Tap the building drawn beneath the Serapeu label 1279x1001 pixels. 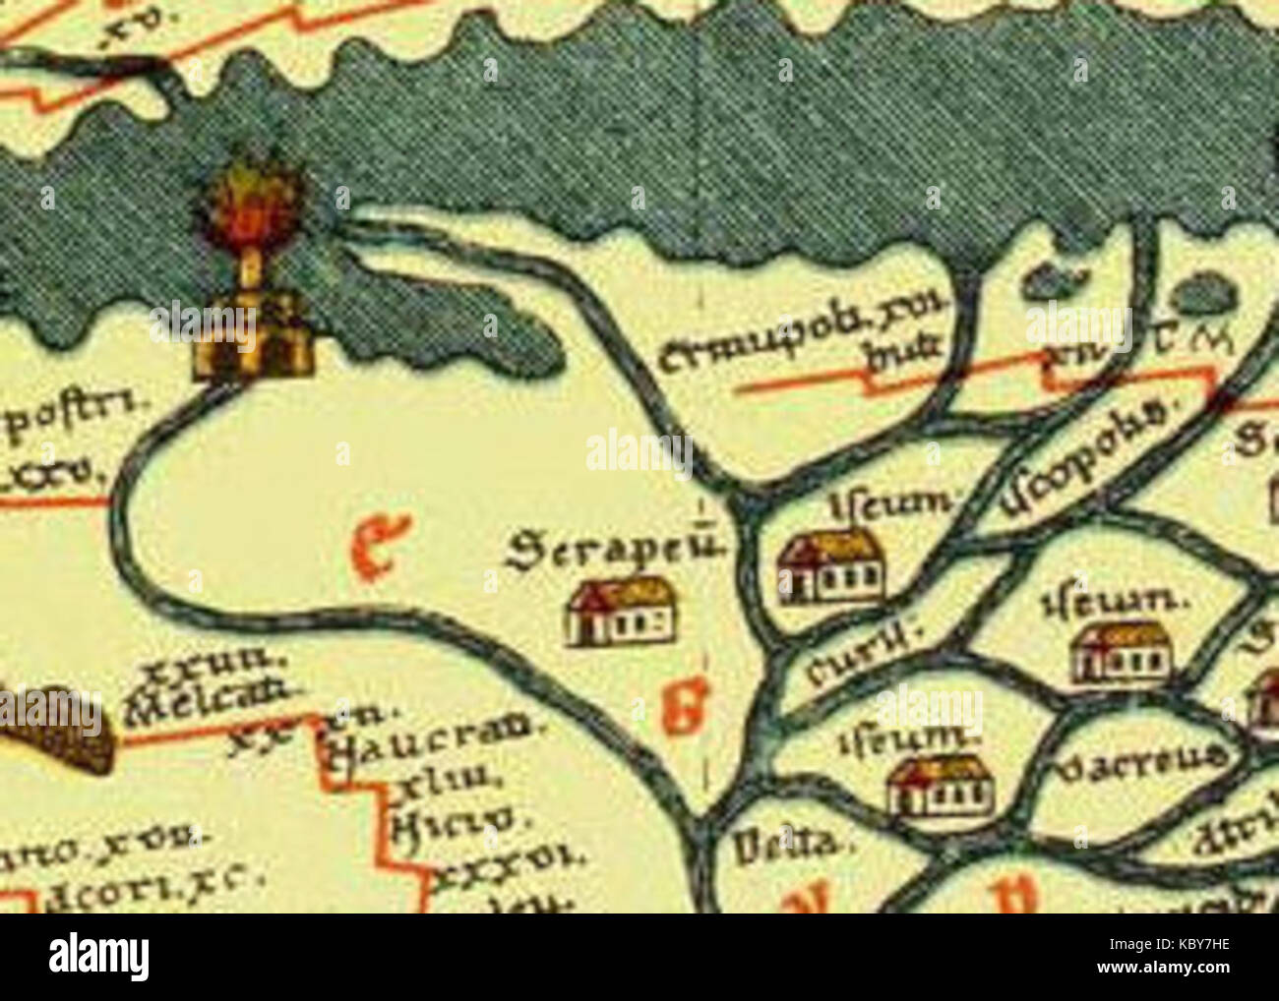620,612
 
